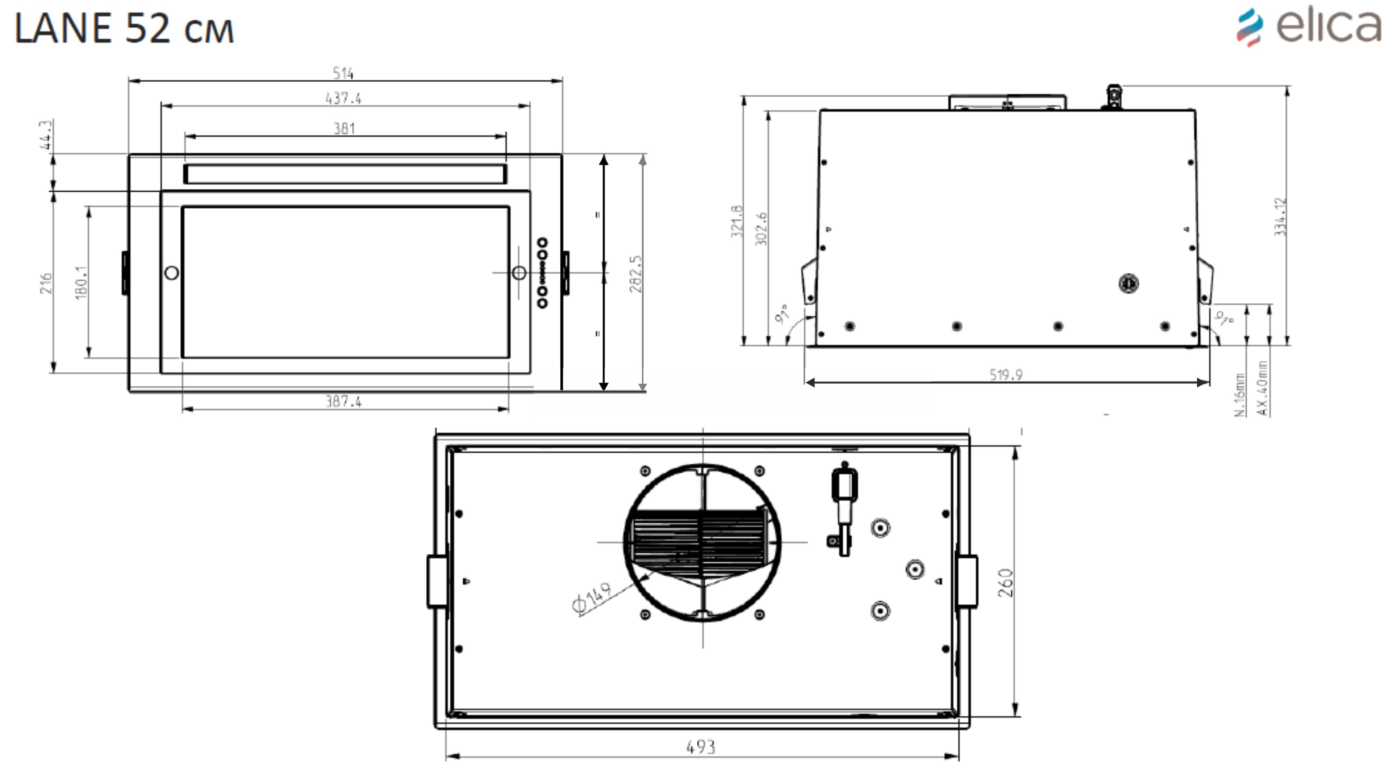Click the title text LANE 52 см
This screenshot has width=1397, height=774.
(x=124, y=29)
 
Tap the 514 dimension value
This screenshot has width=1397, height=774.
(x=343, y=73)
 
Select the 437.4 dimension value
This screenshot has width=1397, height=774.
(x=343, y=98)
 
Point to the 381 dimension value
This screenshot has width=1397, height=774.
(x=344, y=128)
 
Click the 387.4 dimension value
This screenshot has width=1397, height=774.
(x=343, y=401)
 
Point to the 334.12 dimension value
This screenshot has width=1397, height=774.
(x=1281, y=216)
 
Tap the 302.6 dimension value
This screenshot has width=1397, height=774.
(x=762, y=228)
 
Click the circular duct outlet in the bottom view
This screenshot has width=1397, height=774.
(x=703, y=542)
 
